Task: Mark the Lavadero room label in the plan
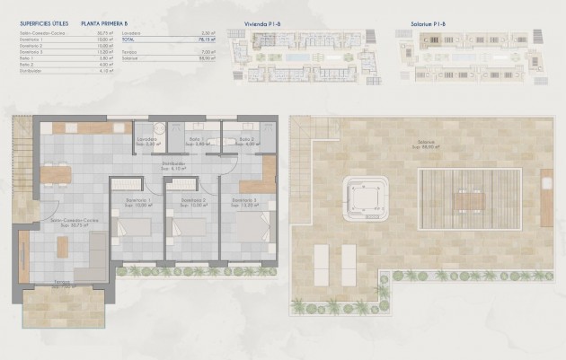147,140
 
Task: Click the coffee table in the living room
67,260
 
